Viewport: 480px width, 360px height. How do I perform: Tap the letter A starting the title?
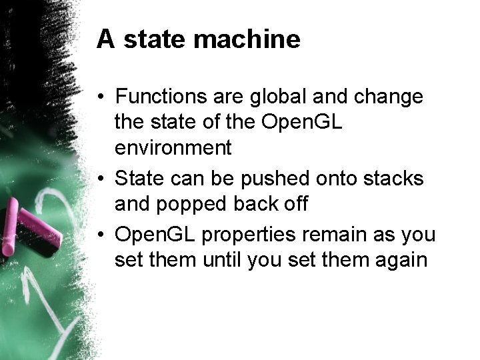pyautogui.click(x=104, y=39)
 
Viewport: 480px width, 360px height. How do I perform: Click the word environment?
pyautogui.click(x=173, y=147)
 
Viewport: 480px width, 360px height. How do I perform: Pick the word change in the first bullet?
pyautogui.click(x=389, y=97)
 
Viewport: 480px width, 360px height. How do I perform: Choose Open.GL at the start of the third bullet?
pyautogui.click(x=154, y=235)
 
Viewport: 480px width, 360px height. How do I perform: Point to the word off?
pyautogui.click(x=293, y=204)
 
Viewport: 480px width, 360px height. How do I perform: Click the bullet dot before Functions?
pyautogui.click(x=101, y=97)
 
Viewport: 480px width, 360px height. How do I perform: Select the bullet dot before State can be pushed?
pyautogui.click(x=101, y=179)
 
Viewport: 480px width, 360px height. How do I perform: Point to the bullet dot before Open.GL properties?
pyautogui.click(x=101, y=235)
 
